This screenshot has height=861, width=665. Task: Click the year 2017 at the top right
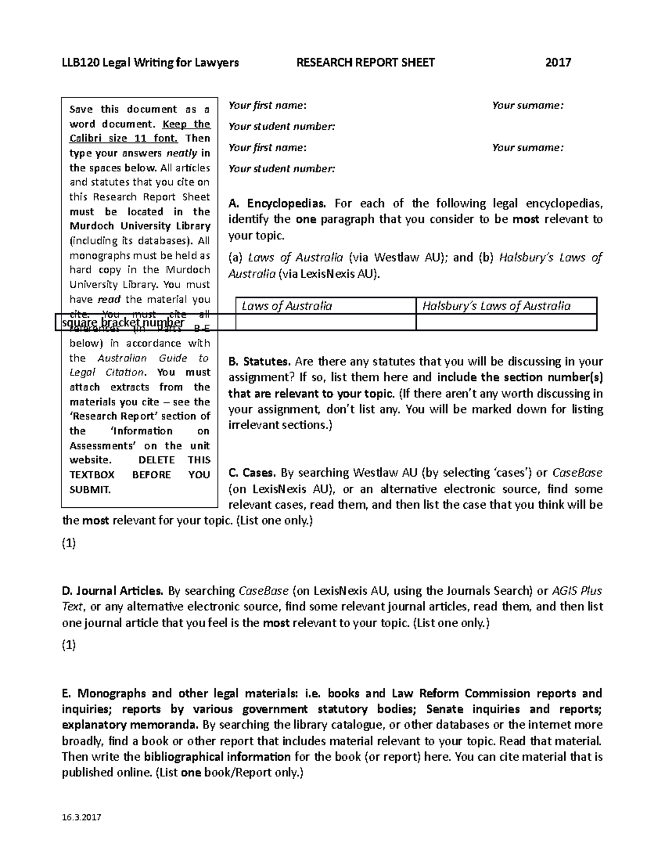[x=558, y=63]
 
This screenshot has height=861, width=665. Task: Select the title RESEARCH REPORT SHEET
[x=366, y=63]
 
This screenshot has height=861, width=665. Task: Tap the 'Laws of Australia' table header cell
[x=325, y=306]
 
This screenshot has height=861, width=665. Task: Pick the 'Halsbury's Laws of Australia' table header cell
[x=506, y=306]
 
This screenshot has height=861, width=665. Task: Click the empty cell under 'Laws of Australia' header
[x=325, y=322]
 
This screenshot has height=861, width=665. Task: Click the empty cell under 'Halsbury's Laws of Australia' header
[x=506, y=322]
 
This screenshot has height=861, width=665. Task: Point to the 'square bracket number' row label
[x=123, y=323]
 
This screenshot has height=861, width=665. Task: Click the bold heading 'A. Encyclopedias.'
[x=278, y=203]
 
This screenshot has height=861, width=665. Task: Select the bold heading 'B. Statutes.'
[x=259, y=362]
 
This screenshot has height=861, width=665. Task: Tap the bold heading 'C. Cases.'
[x=252, y=473]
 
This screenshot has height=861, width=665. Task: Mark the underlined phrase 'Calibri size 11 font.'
[x=123, y=139]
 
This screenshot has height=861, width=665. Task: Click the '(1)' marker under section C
[x=69, y=544]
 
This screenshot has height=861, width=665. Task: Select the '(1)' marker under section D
[x=69, y=645]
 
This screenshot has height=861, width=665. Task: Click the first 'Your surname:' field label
[x=527, y=105]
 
